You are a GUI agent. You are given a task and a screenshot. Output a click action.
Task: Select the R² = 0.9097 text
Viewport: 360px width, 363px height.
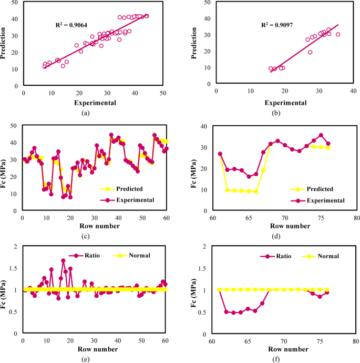(280, 25)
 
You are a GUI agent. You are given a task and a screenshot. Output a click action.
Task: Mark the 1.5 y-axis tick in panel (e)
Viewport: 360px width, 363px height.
(14, 268)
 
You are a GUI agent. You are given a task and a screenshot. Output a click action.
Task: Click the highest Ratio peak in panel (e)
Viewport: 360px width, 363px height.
(63, 260)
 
